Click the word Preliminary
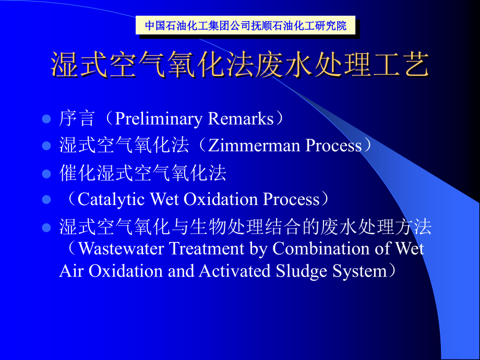(159, 119)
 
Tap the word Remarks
(241, 119)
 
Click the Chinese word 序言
(77, 119)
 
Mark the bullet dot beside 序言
(46, 119)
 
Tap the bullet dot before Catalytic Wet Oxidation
(46, 200)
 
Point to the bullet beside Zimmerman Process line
(46, 146)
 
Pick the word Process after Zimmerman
(333, 146)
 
